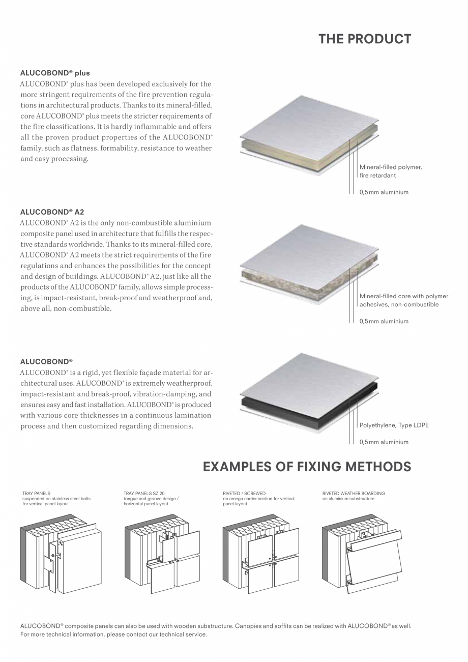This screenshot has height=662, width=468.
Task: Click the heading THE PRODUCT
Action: click(x=365, y=39)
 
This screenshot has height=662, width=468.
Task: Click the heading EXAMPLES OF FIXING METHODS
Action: click(x=307, y=467)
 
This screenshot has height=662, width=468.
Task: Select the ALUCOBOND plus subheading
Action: click(x=54, y=73)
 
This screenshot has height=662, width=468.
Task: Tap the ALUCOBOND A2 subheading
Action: click(x=52, y=212)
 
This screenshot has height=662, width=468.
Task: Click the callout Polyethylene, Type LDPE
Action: click(x=394, y=425)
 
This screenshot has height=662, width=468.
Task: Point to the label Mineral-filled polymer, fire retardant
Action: click(x=390, y=171)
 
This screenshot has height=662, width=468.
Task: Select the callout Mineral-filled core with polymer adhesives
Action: click(x=403, y=300)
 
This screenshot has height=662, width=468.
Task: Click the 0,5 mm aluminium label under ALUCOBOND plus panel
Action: click(x=384, y=192)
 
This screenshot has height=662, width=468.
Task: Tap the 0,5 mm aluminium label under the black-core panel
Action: click(x=384, y=442)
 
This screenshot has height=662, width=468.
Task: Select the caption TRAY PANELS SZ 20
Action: click(x=144, y=494)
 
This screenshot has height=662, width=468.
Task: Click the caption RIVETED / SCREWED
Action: click(x=244, y=494)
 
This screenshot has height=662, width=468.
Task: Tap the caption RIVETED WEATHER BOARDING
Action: click(x=354, y=494)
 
